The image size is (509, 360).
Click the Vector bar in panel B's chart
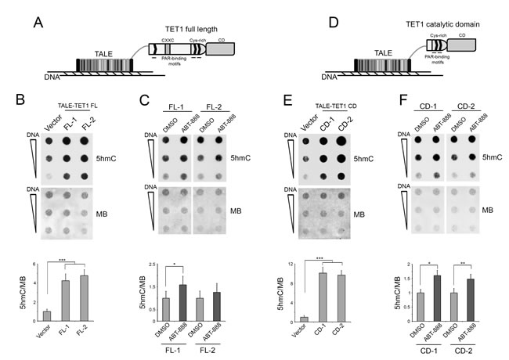point(46,315)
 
